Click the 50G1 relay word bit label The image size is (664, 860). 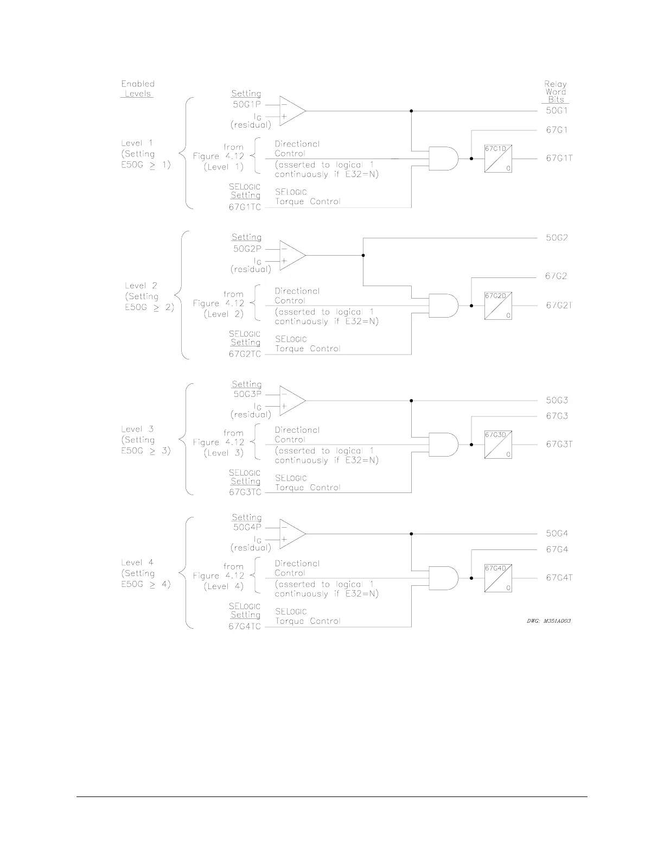[557, 110]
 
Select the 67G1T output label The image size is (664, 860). [559, 159]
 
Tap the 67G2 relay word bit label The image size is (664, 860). [556, 276]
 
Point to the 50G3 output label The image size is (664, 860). [557, 401]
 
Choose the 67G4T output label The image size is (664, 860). [559, 578]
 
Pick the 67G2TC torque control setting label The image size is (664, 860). [245, 355]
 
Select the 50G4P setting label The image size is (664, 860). [247, 526]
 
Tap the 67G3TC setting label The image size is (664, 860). [245, 492]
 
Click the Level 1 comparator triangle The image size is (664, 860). [291, 111]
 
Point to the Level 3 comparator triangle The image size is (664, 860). [291, 401]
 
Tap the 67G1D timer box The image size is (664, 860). [498, 159]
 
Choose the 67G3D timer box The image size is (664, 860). [498, 445]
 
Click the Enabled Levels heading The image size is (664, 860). [138, 88]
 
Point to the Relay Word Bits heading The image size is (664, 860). [556, 92]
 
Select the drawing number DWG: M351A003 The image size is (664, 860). [548, 621]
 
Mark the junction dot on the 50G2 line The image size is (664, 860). [363, 255]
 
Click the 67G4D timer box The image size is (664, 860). [498, 578]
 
